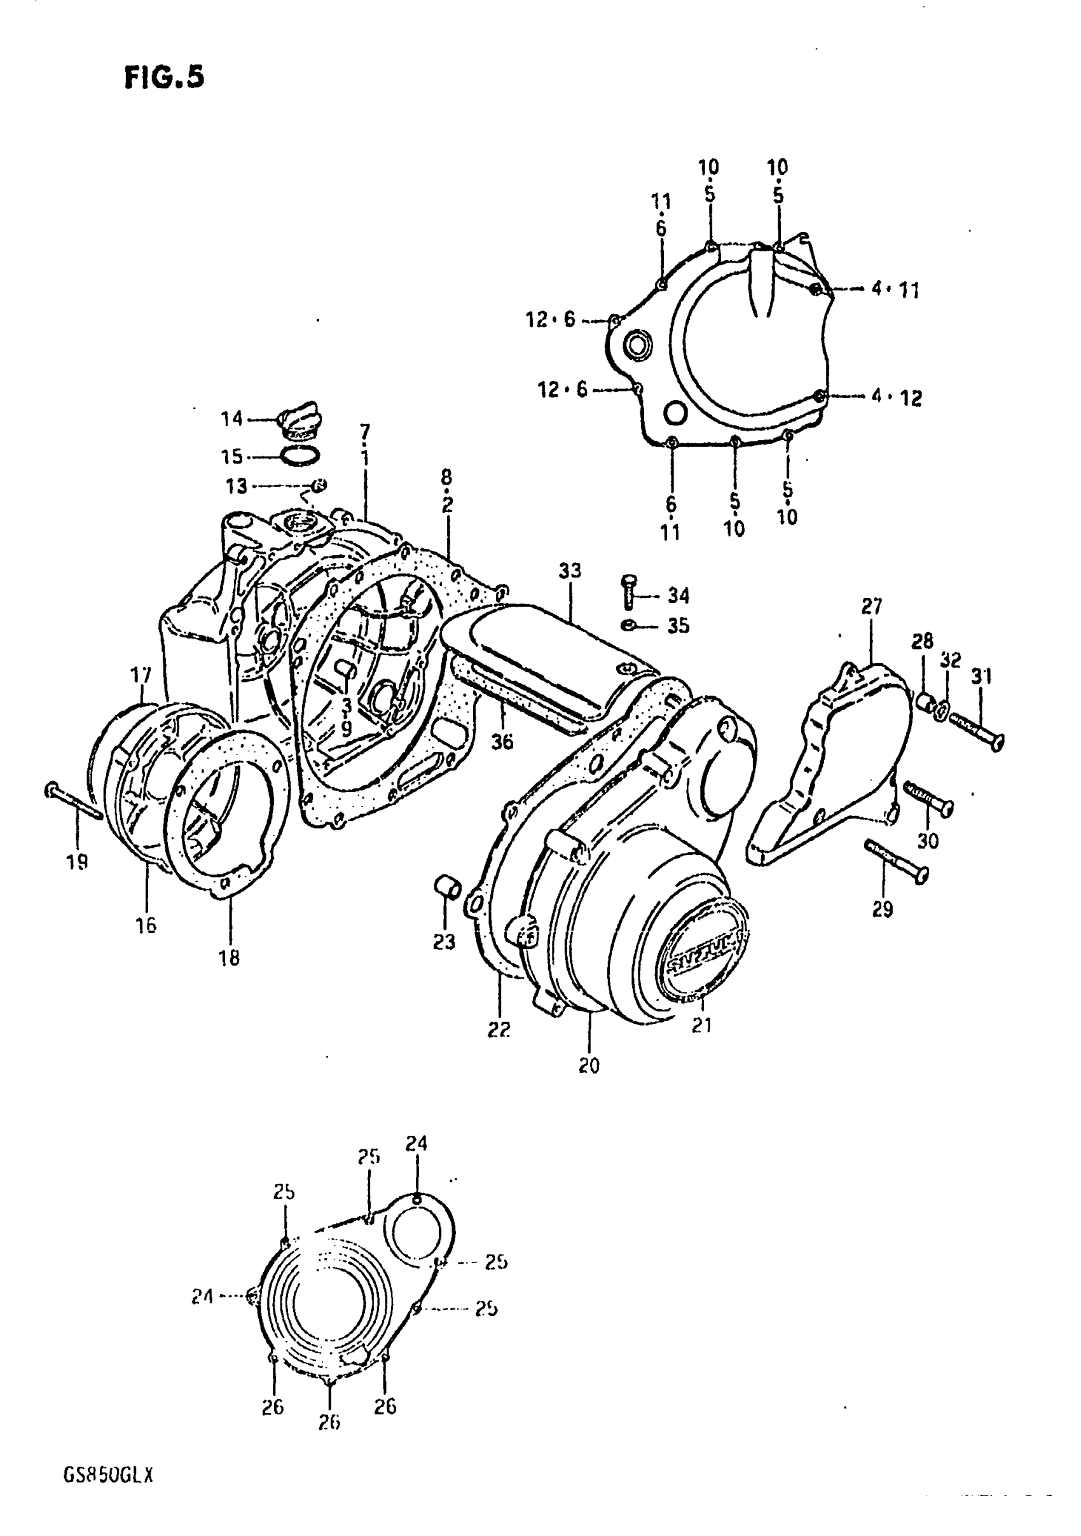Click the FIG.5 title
163,78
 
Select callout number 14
231,419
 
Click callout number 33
570,571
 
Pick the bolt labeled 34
629,592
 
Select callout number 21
701,1044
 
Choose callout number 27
871,607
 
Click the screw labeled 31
977,731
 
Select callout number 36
502,741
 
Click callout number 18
229,958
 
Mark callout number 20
589,1066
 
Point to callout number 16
146,925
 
